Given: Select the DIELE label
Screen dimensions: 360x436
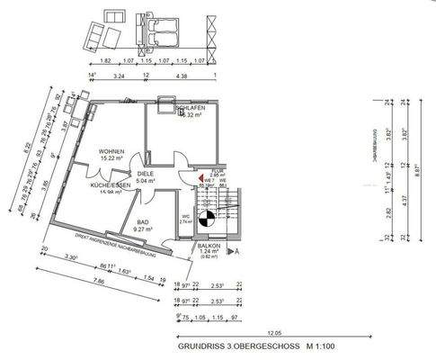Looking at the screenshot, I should (x=146, y=173).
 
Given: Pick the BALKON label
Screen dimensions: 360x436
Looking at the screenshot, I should (x=212, y=246).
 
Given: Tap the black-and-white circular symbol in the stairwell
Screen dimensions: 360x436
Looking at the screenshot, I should (x=207, y=217).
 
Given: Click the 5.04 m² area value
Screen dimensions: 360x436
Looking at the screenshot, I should (x=146, y=181).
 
